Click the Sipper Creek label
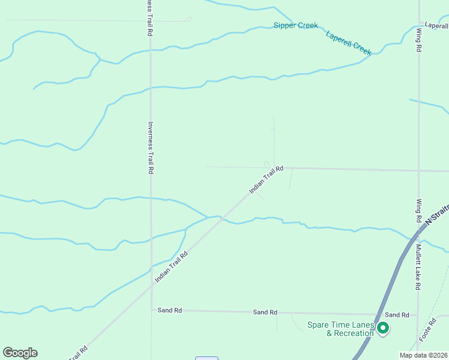(295, 25)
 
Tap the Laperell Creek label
(349, 43)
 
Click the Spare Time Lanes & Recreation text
(340, 329)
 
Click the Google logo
(20, 353)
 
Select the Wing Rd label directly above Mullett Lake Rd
(418, 209)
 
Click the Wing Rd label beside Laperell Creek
(418, 40)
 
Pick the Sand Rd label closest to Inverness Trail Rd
(169, 310)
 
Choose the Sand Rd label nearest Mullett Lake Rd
(397, 315)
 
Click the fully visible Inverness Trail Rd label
(150, 148)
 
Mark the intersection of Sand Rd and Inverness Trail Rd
(151, 310)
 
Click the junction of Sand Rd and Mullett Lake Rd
(418, 314)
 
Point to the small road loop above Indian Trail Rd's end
(267, 165)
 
